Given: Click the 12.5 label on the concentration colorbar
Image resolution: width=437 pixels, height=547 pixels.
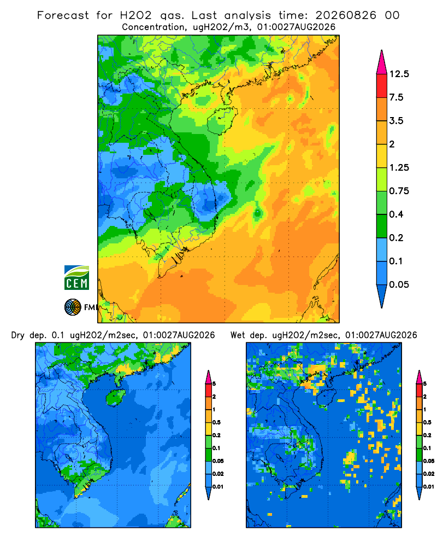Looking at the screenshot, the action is click(399, 74).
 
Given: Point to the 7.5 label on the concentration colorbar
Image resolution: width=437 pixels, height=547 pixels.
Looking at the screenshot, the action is click(396, 97).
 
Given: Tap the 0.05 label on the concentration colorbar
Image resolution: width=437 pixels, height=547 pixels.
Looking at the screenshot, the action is click(399, 284).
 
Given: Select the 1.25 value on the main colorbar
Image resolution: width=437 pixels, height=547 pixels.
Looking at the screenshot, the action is click(399, 167).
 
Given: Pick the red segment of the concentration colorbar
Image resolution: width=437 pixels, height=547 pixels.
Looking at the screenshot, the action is click(382, 86).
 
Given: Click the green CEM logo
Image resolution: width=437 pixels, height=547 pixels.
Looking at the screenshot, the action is click(76, 277).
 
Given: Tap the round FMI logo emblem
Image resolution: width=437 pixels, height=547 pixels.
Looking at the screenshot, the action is click(73, 307).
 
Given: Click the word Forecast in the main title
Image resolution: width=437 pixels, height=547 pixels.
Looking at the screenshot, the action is click(63, 15).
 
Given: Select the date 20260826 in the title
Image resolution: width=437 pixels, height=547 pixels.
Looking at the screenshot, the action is click(346, 15).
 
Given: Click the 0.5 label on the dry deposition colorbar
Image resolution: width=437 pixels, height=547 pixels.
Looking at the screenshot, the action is click(216, 422).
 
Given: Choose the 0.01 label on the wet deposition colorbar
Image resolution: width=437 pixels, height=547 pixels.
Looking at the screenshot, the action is click(429, 487).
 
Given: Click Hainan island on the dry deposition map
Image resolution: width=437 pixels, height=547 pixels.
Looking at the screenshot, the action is click(115, 397).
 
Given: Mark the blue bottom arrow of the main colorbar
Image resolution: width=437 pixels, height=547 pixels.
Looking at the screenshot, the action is click(382, 296).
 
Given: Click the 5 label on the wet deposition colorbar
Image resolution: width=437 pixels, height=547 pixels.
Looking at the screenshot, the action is click(425, 384).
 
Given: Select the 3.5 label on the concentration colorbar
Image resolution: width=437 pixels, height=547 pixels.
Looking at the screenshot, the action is click(396, 121).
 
